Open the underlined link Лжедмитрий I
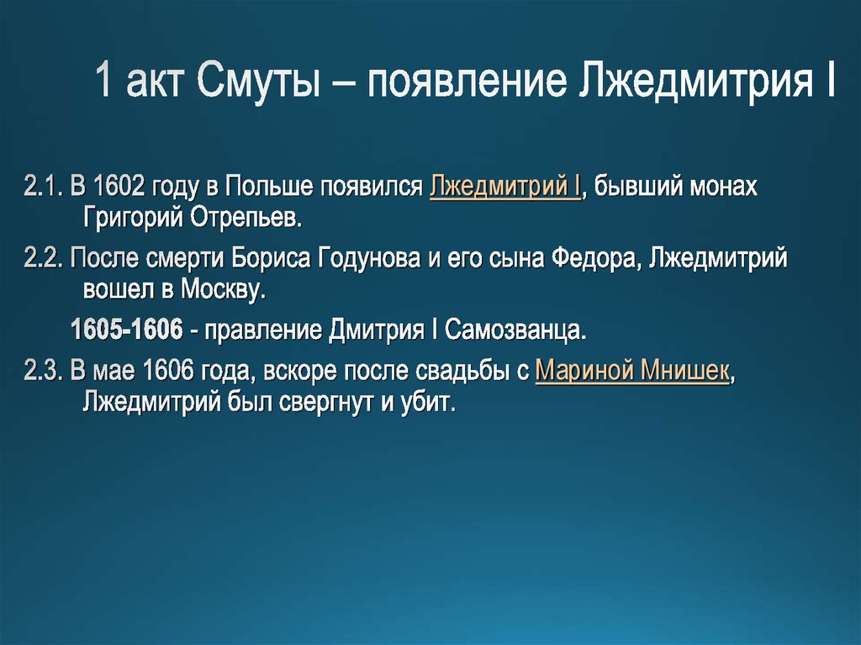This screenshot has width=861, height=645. tap(504, 187)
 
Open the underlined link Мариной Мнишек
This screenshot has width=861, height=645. tap(631, 370)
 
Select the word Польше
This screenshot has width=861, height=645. tap(264, 187)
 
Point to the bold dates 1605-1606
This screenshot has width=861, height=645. tap(126, 330)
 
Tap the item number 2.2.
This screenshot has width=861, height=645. tap(44, 258)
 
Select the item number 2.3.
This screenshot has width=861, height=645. tap(44, 370)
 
